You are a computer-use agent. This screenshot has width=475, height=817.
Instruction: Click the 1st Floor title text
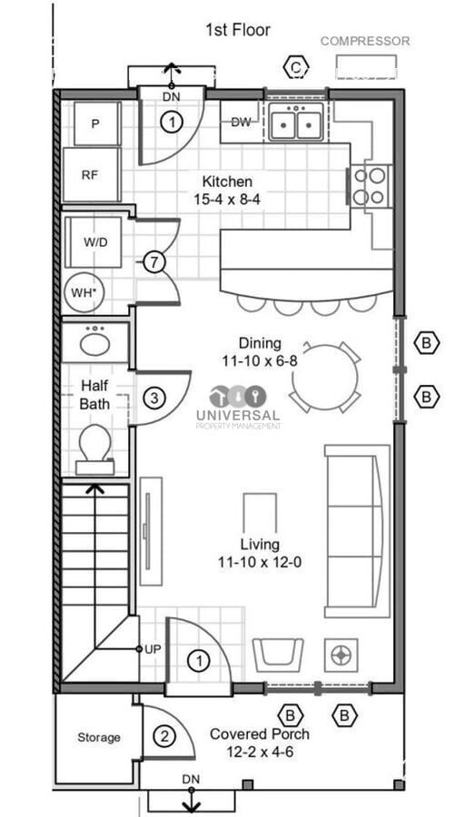[238, 30]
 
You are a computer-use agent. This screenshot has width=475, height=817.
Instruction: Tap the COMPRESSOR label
[365, 41]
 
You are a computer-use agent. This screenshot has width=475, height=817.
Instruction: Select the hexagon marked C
[296, 67]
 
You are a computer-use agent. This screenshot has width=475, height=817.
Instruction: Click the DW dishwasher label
[241, 123]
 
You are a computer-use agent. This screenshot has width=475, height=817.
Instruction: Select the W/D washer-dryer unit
[94, 241]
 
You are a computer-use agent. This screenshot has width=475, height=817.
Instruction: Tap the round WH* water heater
[84, 292]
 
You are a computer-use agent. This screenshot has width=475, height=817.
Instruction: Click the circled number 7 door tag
[153, 262]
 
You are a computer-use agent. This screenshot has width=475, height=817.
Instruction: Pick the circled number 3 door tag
[153, 399]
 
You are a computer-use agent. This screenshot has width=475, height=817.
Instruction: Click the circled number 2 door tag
[164, 737]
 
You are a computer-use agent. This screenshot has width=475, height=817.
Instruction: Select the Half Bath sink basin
[94, 343]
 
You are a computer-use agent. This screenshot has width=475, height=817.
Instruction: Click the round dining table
[325, 377]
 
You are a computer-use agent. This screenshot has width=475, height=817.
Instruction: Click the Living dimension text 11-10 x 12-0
[260, 562]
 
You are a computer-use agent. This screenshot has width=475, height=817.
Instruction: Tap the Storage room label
[99, 737]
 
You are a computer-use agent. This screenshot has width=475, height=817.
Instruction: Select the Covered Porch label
[259, 734]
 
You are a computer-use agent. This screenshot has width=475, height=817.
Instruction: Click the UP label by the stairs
[153, 649]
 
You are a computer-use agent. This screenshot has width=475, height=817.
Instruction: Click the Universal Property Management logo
[238, 408]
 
